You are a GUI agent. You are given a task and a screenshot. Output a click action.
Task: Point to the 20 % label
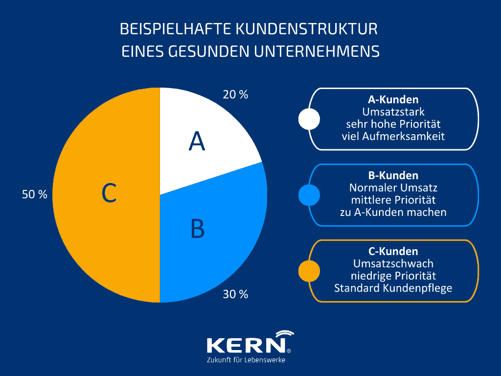click(235, 94)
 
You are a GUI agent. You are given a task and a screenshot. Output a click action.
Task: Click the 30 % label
click(235, 294)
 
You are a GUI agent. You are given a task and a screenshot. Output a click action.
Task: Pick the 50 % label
click(35, 194)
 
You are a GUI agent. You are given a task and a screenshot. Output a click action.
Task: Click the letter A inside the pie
click(197, 141)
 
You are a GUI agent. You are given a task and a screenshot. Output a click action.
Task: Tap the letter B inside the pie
click(197, 229)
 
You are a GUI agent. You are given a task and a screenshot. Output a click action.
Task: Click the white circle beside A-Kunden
click(309, 118)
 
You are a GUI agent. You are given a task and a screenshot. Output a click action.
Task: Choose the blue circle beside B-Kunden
click(309, 195)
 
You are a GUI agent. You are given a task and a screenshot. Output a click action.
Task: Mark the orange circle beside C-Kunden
click(309, 271)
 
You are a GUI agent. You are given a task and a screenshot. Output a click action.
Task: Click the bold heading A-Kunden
click(393, 100)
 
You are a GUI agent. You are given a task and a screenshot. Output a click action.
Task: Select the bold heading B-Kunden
click(393, 175)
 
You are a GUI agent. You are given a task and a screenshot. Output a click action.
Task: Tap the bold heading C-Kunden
click(393, 252)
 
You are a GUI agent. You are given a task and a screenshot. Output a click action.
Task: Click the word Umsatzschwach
click(393, 263)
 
